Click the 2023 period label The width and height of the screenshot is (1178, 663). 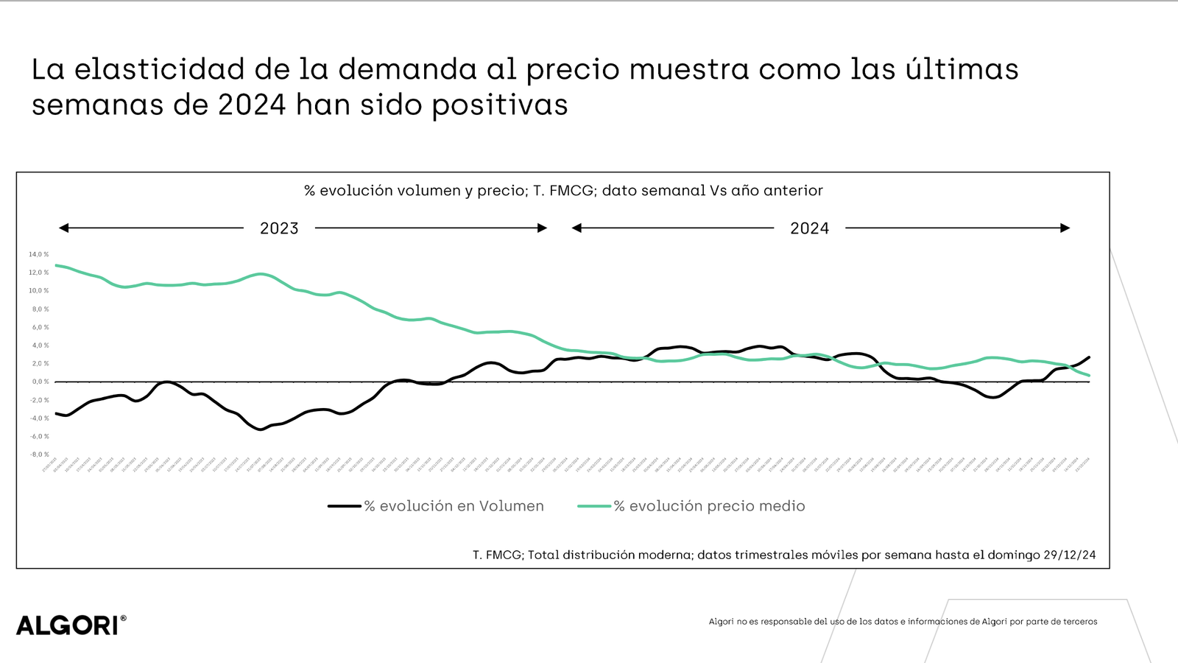coord(279,228)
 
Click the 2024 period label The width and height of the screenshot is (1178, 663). coord(809,228)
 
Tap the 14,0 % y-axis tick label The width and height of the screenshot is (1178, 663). coord(39,254)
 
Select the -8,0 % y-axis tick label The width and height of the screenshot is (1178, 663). coord(39,455)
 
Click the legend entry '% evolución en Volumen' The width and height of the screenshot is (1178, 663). coord(454,506)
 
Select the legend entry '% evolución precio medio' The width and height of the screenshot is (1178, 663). coord(709,506)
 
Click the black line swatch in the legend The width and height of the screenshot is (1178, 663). coord(344,506)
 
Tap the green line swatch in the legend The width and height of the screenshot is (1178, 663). coord(594,506)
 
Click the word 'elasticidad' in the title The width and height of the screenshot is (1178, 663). coord(159,69)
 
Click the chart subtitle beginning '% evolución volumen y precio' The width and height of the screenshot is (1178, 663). coord(563,191)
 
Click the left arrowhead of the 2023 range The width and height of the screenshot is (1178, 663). coord(64,228)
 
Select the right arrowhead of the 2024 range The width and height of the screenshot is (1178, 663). coord(1065,228)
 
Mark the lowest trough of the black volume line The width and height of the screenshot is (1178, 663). coord(260,429)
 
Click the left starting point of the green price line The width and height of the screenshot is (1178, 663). coord(56,265)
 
